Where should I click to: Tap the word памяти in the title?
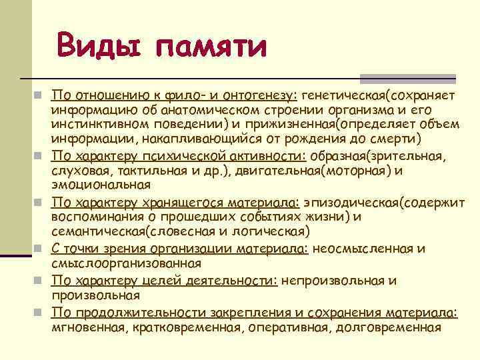coord(211,47)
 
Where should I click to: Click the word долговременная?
coord(388,327)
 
